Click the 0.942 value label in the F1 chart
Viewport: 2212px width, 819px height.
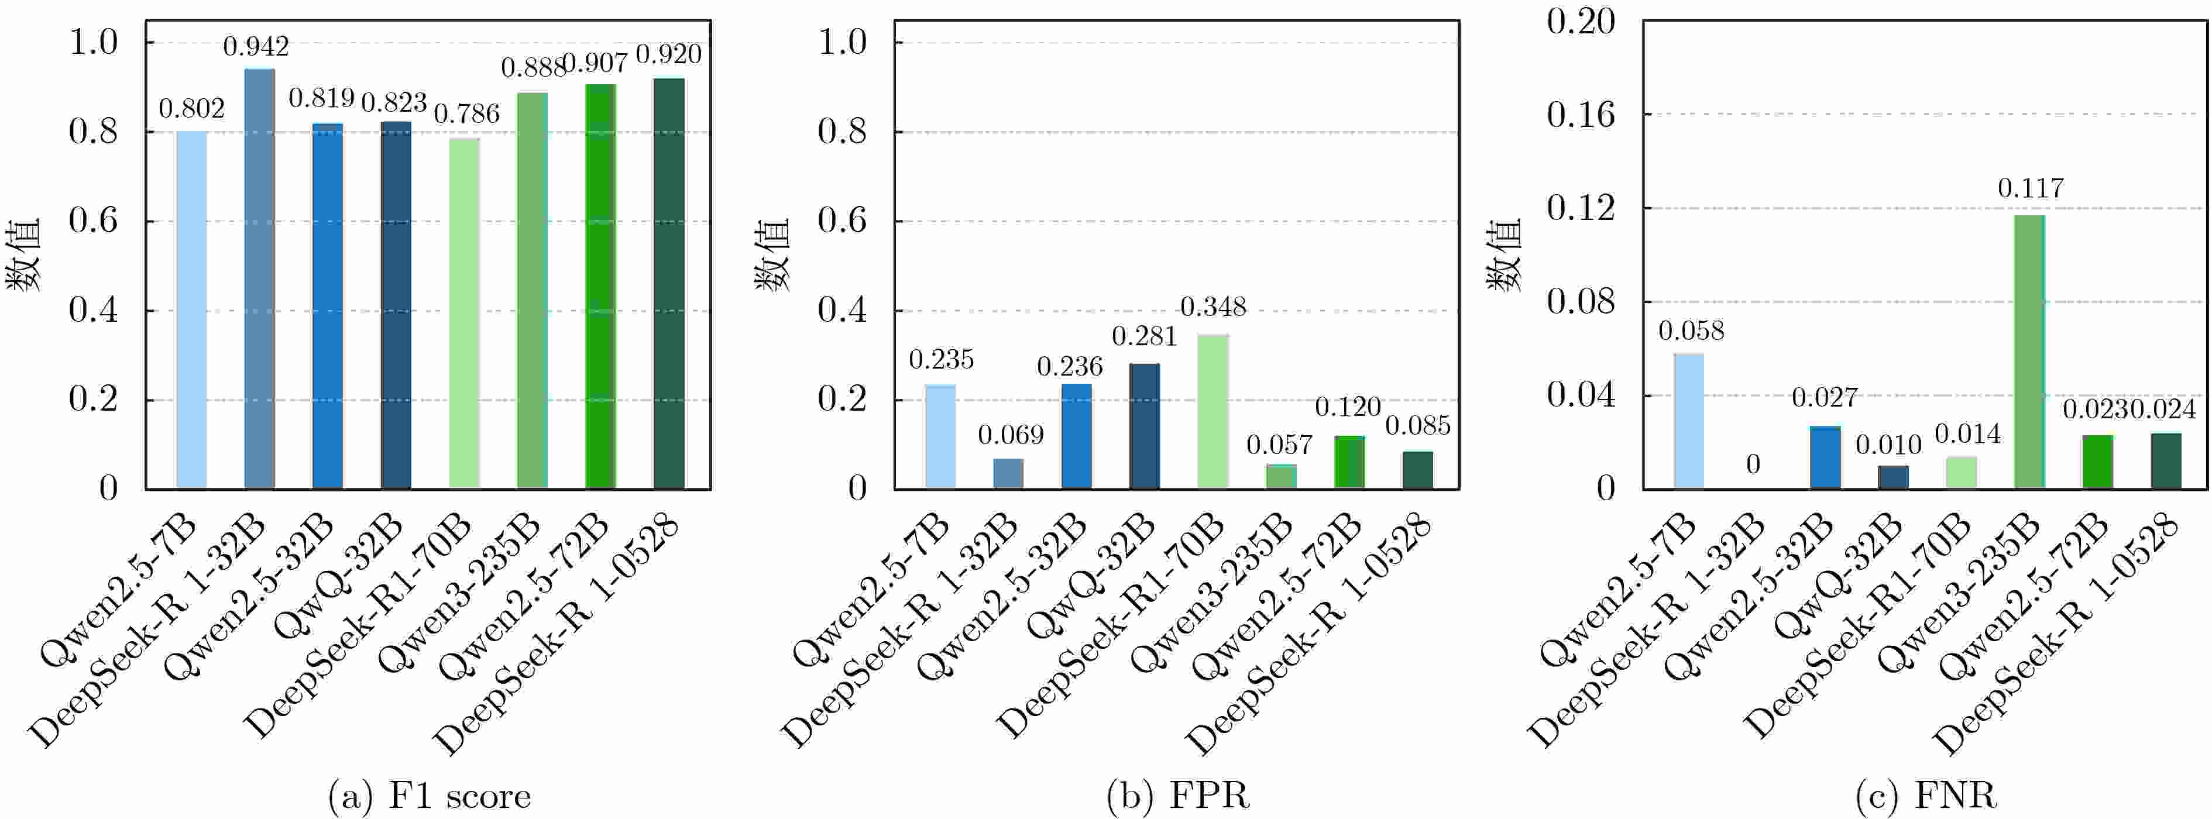coord(256,46)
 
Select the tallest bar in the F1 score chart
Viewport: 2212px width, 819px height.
coord(259,279)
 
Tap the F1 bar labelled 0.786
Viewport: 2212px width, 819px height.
coord(463,314)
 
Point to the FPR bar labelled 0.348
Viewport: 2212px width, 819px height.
coord(1213,412)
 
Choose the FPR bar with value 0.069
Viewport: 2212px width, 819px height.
coord(1008,474)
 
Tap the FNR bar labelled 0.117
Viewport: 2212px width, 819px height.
coord(2029,352)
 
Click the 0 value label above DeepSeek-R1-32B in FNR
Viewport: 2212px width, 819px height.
coord(1753,464)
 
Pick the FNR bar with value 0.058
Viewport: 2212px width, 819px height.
coord(1689,421)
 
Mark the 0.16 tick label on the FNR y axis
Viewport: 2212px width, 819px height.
coord(1580,114)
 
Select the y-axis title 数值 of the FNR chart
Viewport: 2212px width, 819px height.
coord(1503,255)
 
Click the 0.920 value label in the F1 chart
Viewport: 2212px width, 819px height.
coord(668,54)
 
